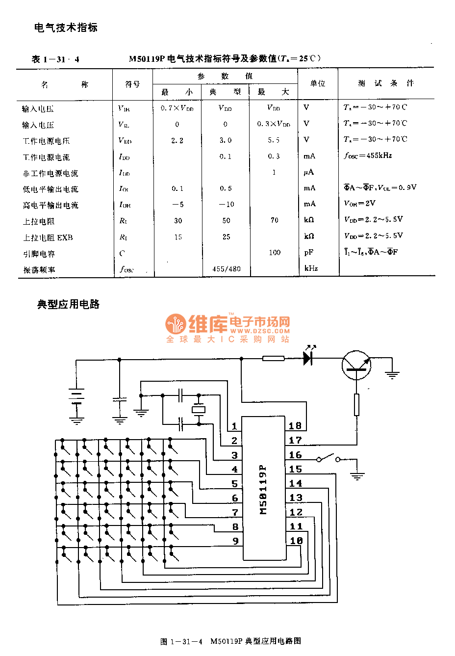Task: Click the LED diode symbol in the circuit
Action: tap(308, 358)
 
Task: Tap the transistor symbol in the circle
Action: tap(356, 366)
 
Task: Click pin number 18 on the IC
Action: tap(295, 426)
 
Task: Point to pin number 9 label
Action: tap(235, 541)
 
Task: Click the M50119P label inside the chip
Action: tap(263, 489)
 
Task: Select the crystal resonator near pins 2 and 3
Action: tap(198, 409)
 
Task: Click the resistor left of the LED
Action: tap(273, 359)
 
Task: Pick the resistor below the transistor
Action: tap(356, 404)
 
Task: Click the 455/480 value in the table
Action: tap(227, 269)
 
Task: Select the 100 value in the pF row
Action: tap(275, 253)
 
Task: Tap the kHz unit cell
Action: tap(311, 268)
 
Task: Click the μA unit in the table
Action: tap(308, 172)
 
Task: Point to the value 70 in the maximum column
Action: tap(275, 220)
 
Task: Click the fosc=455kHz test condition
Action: tap(368, 156)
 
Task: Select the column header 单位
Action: tap(318, 83)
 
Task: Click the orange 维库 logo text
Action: tap(208, 323)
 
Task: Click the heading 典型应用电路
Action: tap(69, 304)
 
